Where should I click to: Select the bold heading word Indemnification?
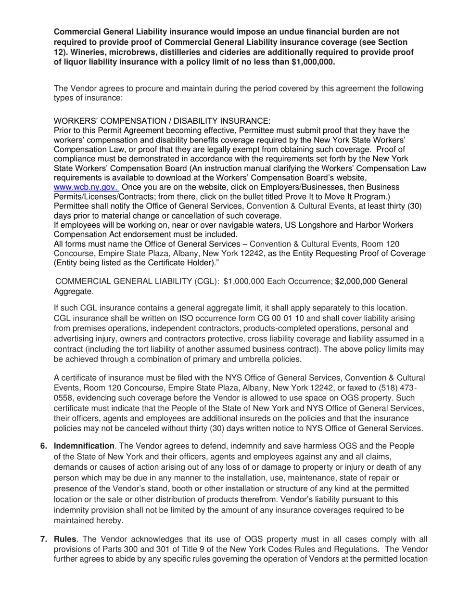[83, 446]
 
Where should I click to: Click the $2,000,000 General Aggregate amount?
[371, 282]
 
